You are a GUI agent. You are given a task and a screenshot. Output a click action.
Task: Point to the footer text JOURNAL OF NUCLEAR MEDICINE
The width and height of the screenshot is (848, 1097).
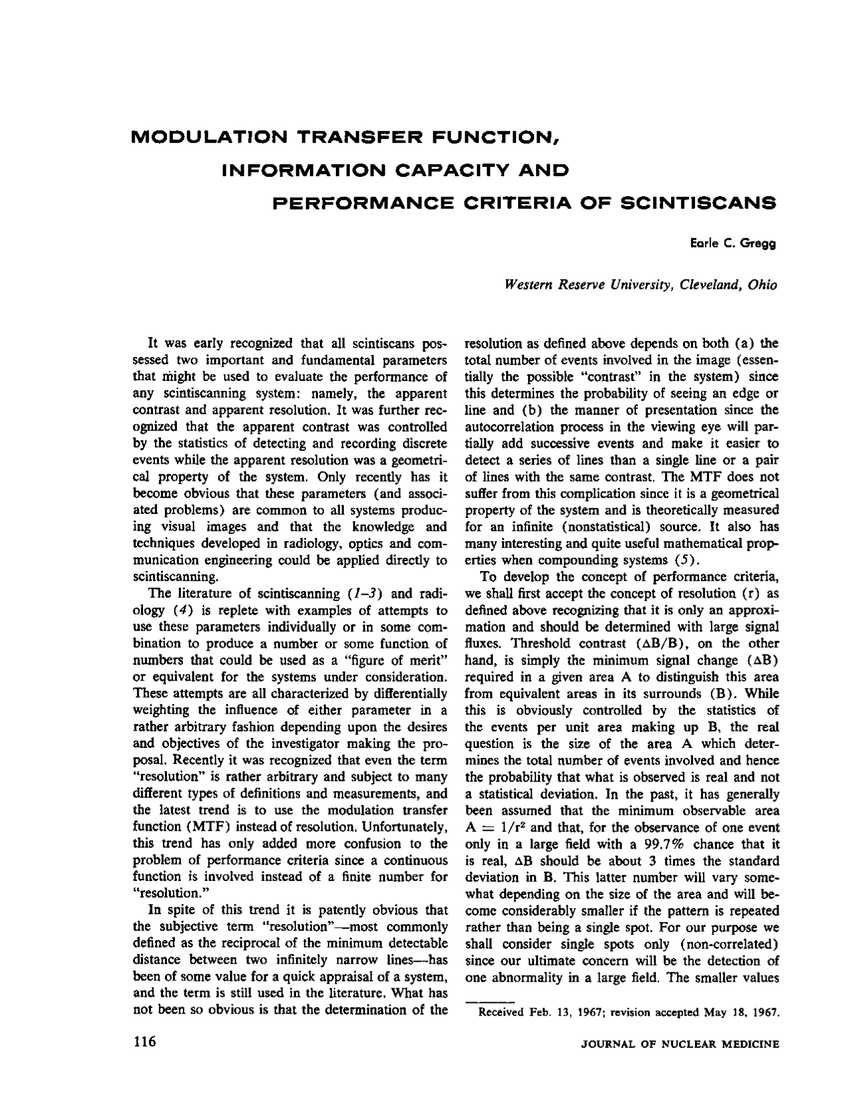point(680,1045)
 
